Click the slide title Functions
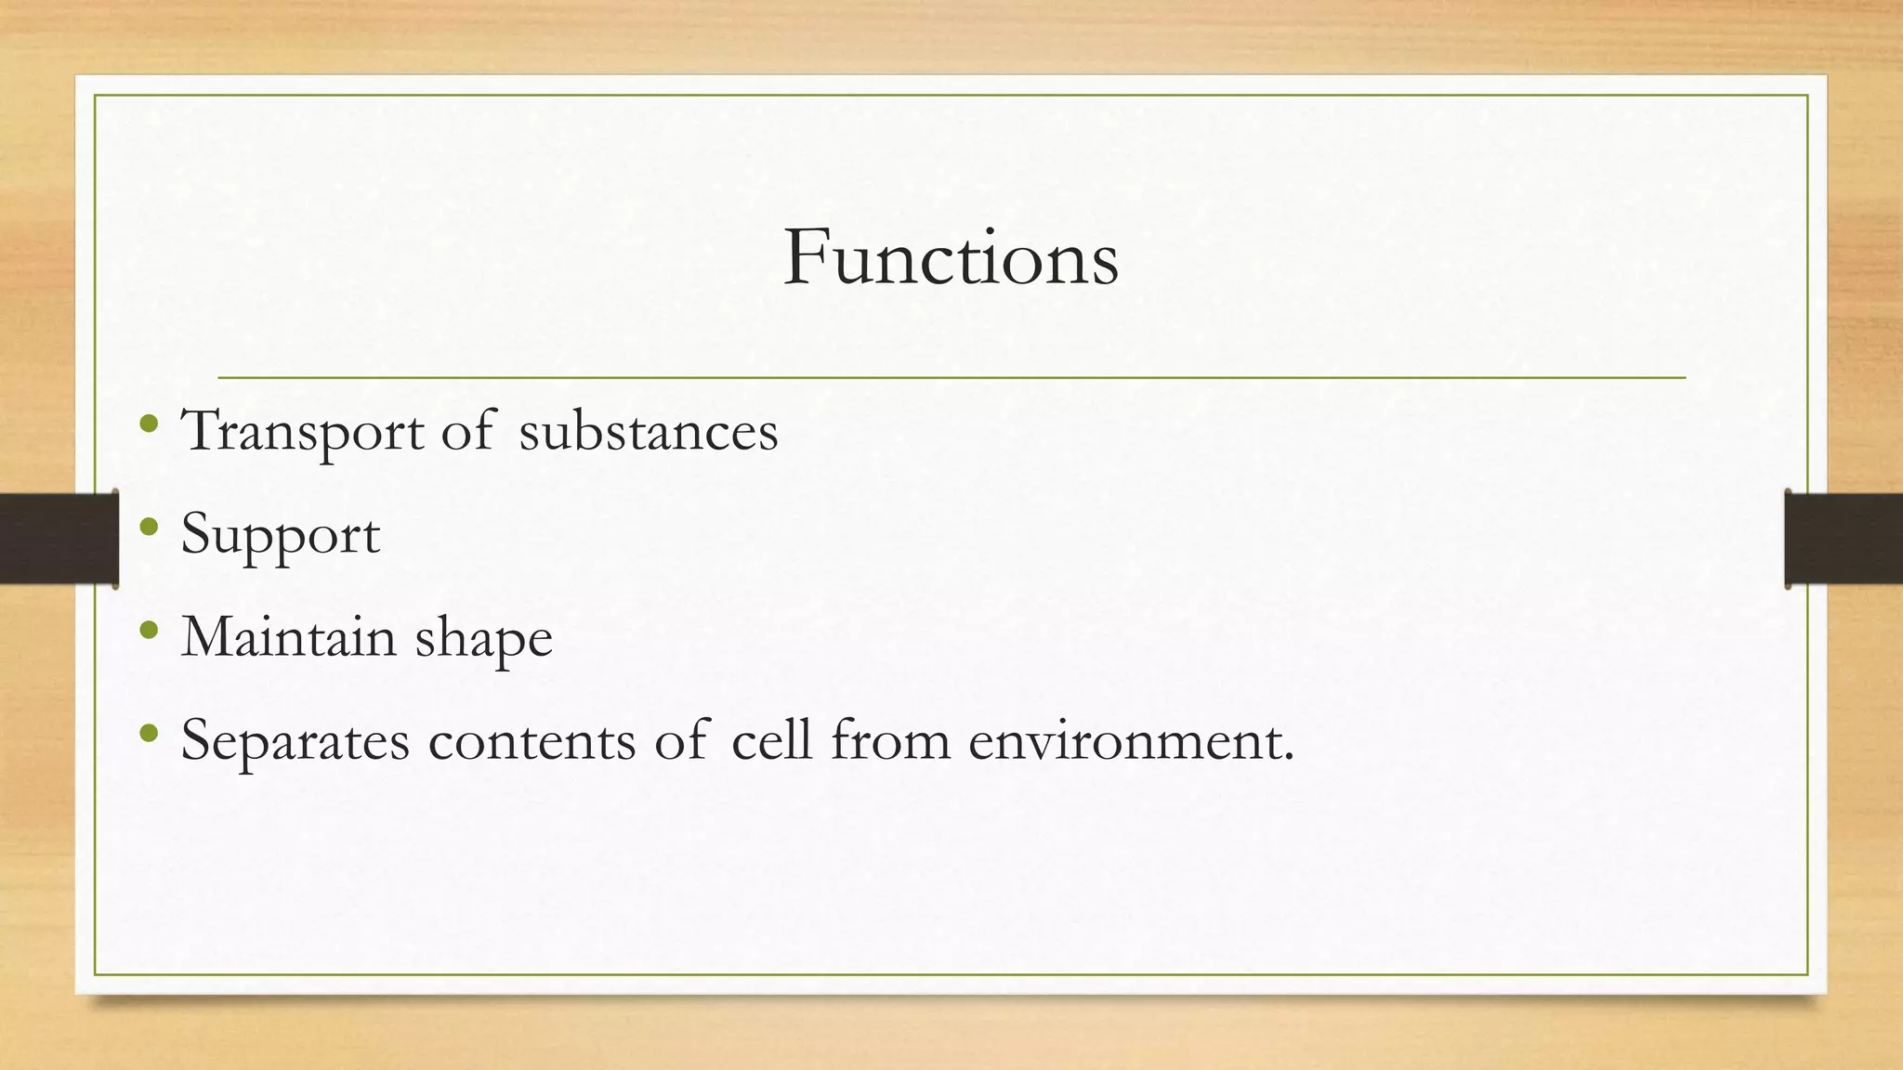(x=951, y=258)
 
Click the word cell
(x=771, y=741)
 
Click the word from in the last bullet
(x=890, y=741)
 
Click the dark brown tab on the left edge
(x=58, y=539)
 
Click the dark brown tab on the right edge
(x=1844, y=539)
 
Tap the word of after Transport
(x=466, y=432)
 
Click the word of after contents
(x=680, y=741)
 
